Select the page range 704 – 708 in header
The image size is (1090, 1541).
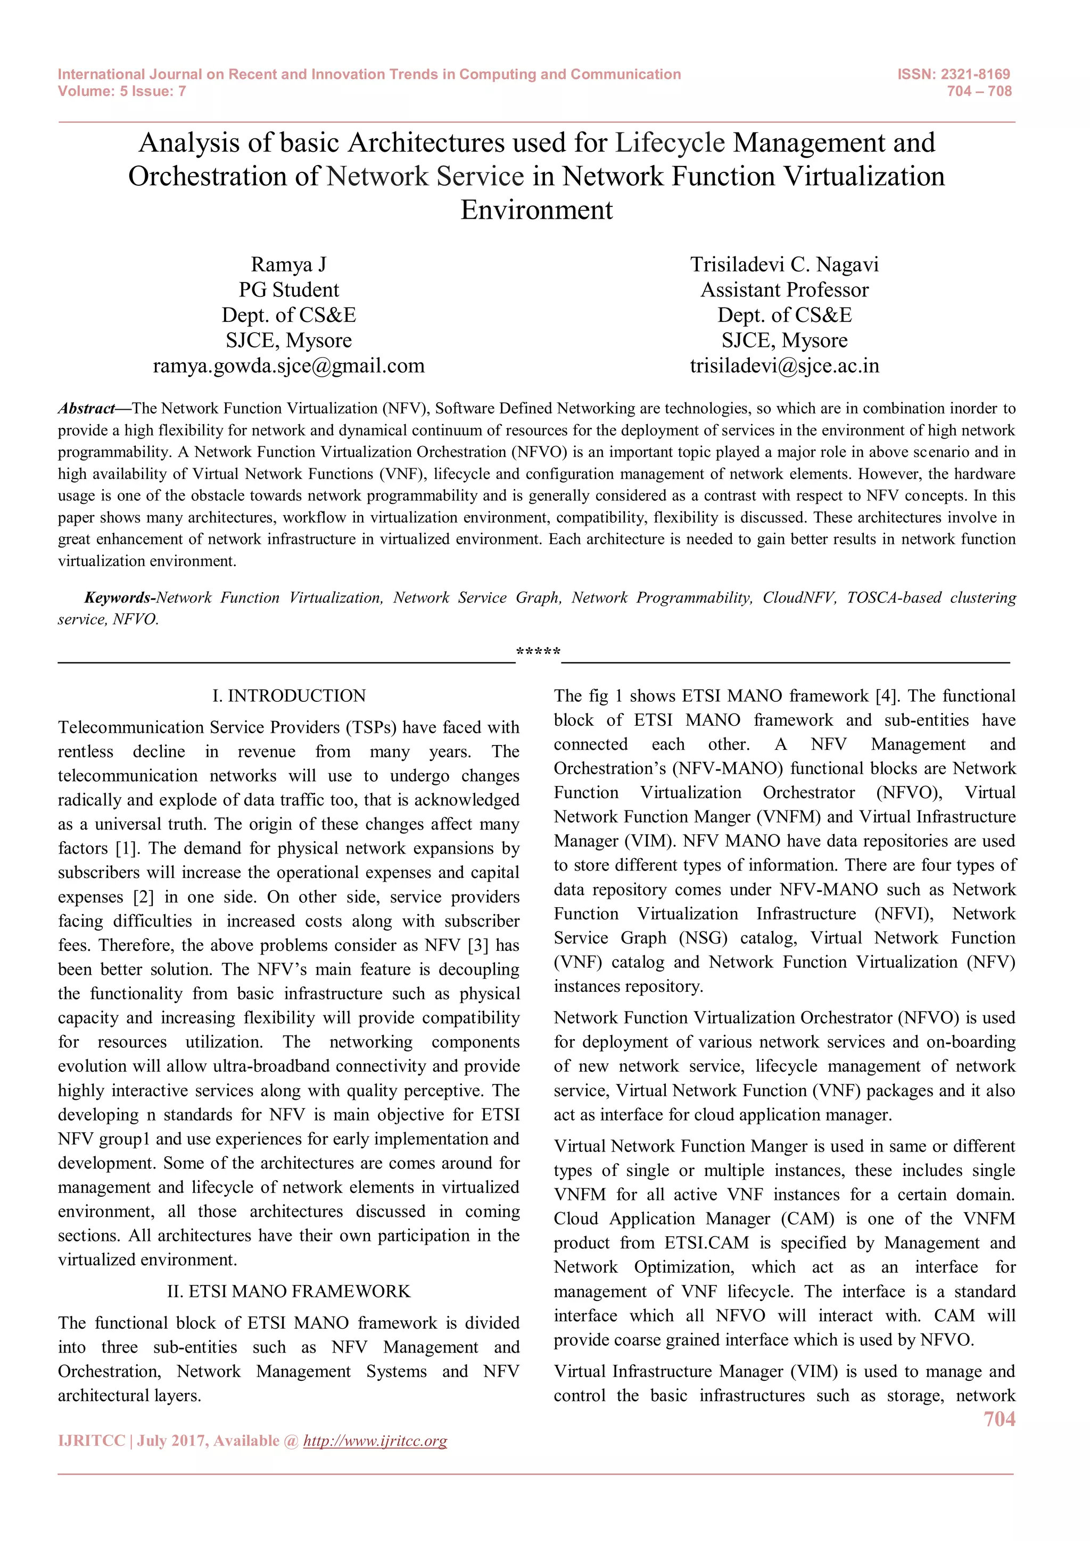[979, 92]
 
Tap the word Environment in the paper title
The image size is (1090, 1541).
[536, 210]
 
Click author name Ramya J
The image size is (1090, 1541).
[288, 264]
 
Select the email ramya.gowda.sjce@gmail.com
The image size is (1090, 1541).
[288, 366]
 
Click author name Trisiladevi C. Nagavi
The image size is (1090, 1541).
[784, 264]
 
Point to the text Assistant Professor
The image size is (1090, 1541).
[784, 290]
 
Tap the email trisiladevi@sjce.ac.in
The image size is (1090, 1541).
[784, 366]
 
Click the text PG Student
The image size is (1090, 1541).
[288, 290]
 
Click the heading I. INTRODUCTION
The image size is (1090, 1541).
[288, 696]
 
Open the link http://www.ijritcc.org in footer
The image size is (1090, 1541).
[375, 1441]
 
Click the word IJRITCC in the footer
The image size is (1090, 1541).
[92, 1441]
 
